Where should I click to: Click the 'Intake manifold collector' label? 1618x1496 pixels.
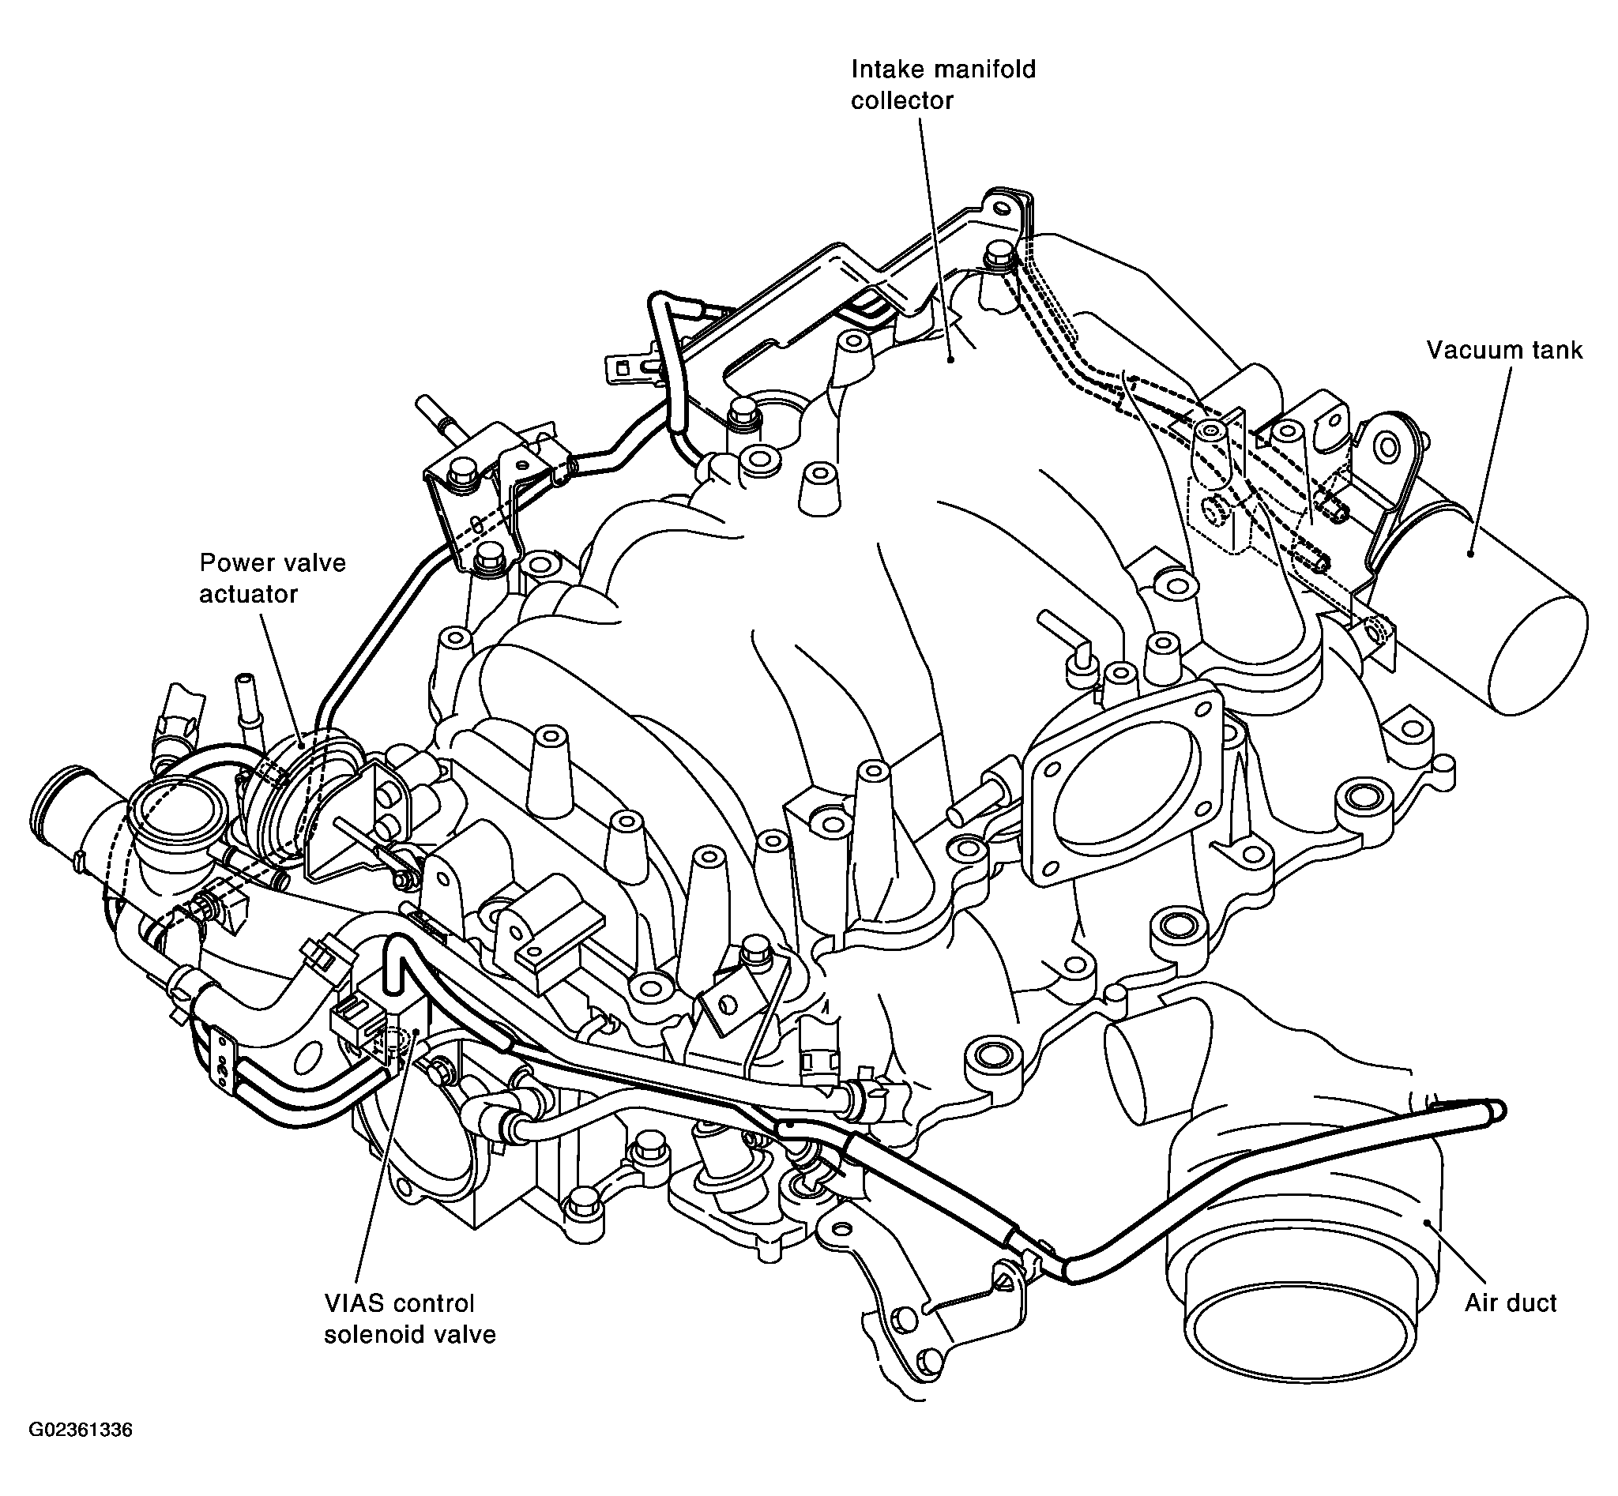(943, 85)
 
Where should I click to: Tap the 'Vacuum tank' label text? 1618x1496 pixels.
(1503, 351)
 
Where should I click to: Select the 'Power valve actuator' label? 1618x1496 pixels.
(273, 578)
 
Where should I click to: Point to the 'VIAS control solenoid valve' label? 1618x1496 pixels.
(410, 1319)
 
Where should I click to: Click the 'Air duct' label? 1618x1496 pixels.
(1511, 1303)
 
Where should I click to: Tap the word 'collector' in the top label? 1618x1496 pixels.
(902, 101)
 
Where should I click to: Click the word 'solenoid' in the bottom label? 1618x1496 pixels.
(381, 1334)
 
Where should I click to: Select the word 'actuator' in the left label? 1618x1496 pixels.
(249, 594)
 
